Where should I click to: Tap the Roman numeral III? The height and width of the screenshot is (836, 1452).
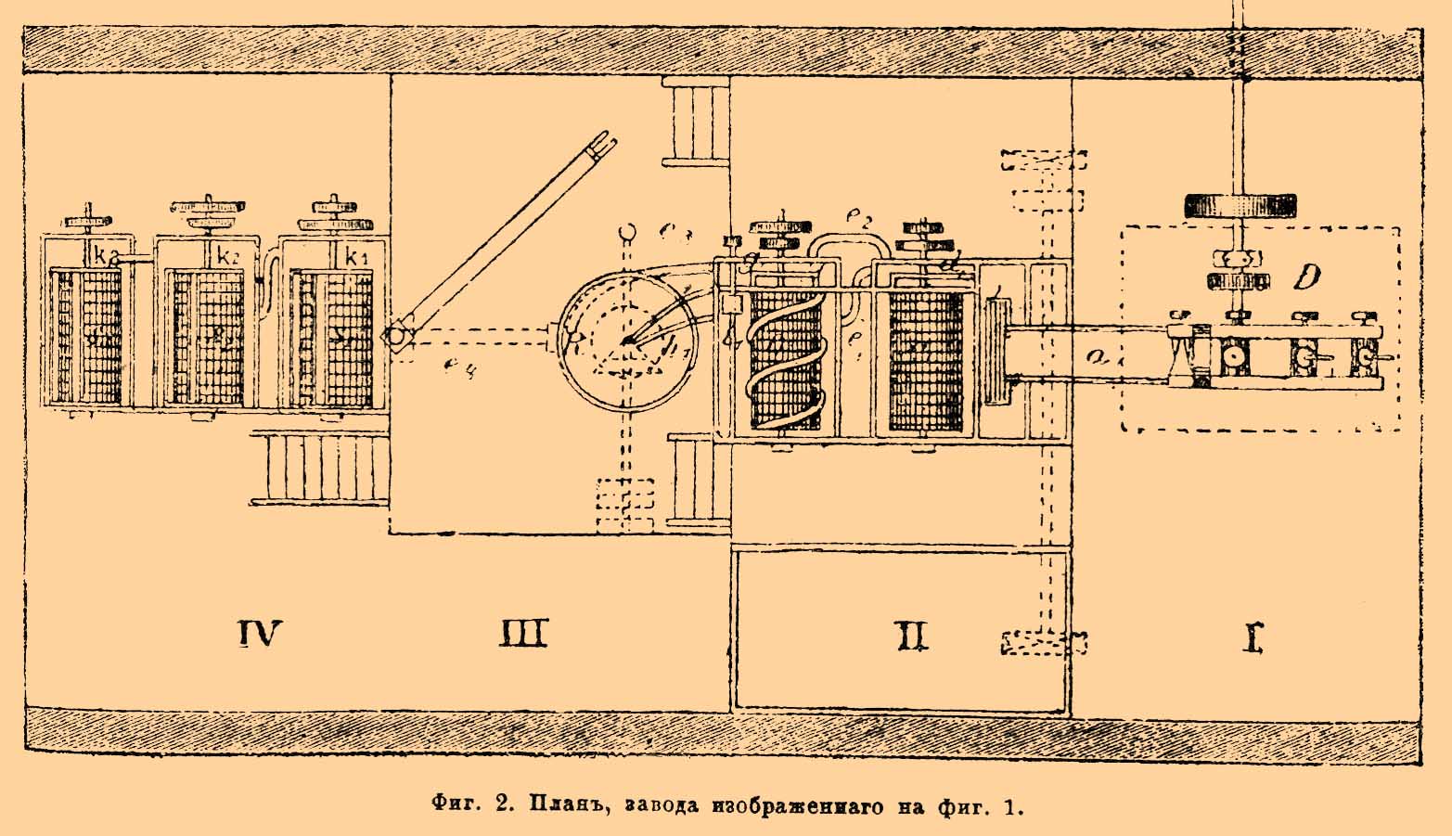coord(524,634)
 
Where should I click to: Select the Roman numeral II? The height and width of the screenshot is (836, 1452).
coord(910,637)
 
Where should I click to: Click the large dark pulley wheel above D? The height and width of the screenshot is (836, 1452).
coord(1240,205)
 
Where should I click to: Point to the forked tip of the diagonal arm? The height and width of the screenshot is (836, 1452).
coord(604,144)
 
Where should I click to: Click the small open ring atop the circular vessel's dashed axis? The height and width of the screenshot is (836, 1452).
coord(627,228)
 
